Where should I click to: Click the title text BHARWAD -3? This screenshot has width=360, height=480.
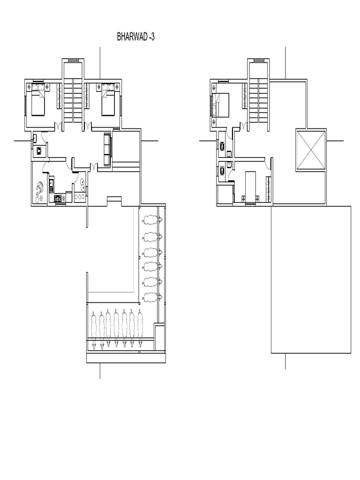(135, 37)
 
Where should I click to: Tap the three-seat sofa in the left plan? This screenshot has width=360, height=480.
(107, 150)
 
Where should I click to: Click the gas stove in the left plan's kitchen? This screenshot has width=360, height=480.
(60, 198)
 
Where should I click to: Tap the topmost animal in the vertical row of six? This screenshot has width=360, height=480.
(152, 219)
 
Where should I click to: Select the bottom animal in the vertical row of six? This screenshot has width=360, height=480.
(152, 296)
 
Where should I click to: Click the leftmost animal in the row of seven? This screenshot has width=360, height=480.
(94, 330)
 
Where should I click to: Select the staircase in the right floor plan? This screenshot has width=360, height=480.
(258, 99)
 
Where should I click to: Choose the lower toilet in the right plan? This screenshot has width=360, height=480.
(221, 170)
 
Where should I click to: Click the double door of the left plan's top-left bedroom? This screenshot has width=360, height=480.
(58, 125)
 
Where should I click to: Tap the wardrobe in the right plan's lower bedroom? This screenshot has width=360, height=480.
(269, 189)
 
